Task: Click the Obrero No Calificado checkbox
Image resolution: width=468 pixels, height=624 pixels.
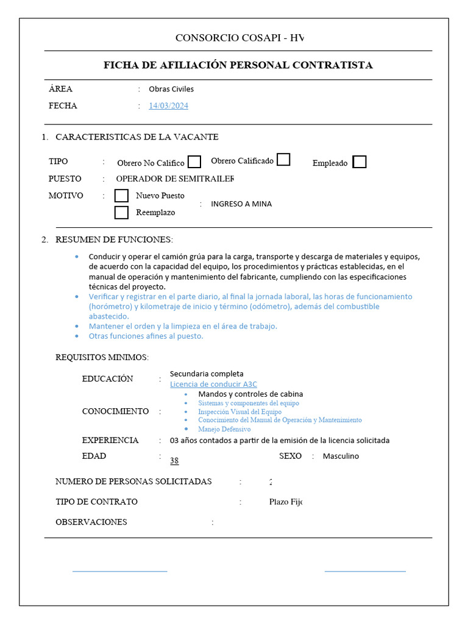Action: coord(194,162)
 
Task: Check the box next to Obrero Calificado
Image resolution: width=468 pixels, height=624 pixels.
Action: coord(283,160)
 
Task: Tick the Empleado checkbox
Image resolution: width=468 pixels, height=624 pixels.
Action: coord(360,162)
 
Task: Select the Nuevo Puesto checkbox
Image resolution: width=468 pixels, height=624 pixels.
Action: coord(122,196)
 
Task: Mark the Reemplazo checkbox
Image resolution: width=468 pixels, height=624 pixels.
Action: coord(122,213)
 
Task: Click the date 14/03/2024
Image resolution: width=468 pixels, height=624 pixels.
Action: coord(169,106)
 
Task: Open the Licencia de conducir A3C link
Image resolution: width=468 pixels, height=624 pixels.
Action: coord(213,384)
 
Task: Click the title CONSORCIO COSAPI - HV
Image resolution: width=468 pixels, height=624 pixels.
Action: coord(239,38)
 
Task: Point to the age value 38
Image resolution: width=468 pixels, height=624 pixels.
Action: coord(174,461)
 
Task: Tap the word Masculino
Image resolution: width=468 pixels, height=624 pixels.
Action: coord(341,456)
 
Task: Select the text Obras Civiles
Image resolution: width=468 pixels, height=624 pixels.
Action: coord(171,89)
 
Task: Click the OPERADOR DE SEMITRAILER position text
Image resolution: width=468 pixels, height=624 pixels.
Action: coord(175,179)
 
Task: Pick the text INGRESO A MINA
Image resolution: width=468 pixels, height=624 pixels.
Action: coord(241,204)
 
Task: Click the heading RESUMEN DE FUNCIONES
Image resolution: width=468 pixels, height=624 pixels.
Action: coord(114,239)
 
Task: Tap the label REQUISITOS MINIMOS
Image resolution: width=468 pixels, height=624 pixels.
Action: coord(102,357)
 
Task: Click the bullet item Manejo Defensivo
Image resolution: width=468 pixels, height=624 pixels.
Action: coord(224,429)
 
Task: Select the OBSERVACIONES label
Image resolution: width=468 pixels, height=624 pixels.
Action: coord(91,522)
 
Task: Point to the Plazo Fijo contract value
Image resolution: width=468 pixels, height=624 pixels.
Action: coord(286,502)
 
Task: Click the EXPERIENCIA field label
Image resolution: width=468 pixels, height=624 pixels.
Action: coord(110,440)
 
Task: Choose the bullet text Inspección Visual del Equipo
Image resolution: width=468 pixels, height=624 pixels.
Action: coord(239,411)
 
